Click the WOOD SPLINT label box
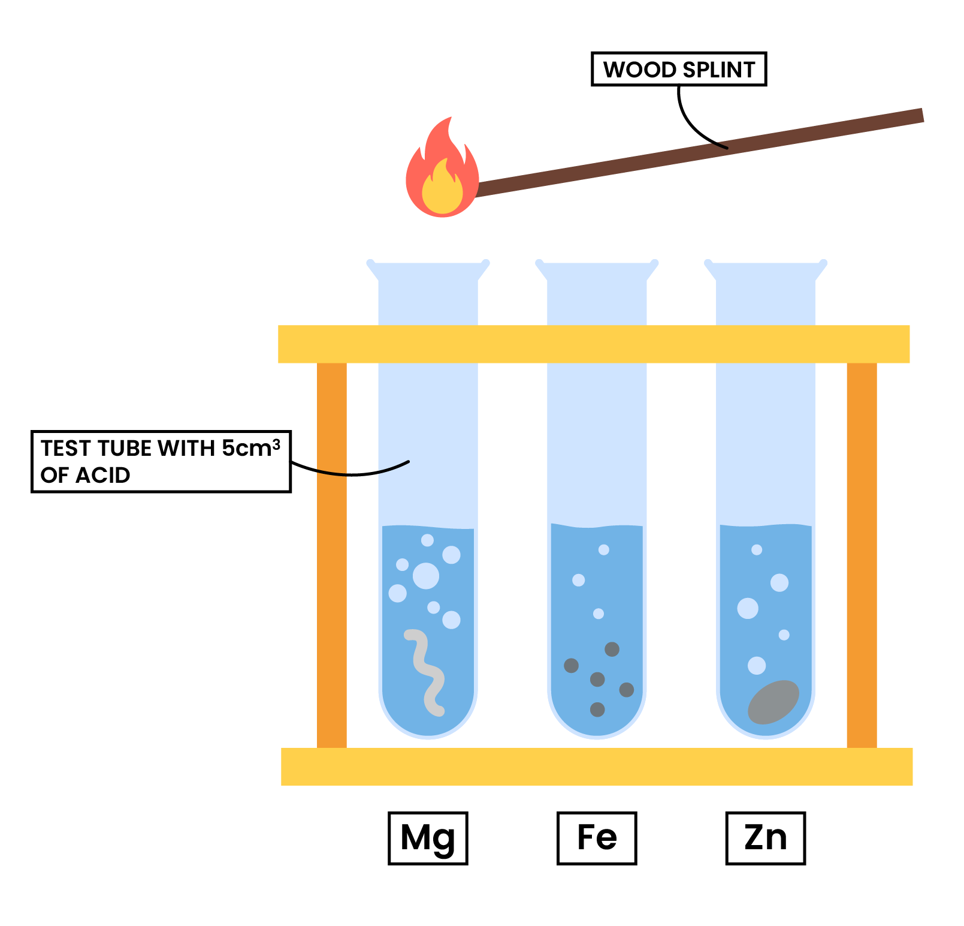tap(678, 69)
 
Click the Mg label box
tap(428, 838)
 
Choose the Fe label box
tap(597, 838)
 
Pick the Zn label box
tap(765, 838)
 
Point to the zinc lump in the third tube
tap(773, 702)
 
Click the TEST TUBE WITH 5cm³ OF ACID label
tap(161, 461)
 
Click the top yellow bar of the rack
tap(593, 344)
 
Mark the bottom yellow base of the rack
tap(597, 766)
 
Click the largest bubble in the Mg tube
tap(426, 576)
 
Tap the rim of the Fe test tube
tap(597, 264)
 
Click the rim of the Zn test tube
tap(766, 264)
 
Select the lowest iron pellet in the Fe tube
tap(597, 709)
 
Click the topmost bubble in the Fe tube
tap(604, 549)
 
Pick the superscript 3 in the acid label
tap(276, 444)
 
